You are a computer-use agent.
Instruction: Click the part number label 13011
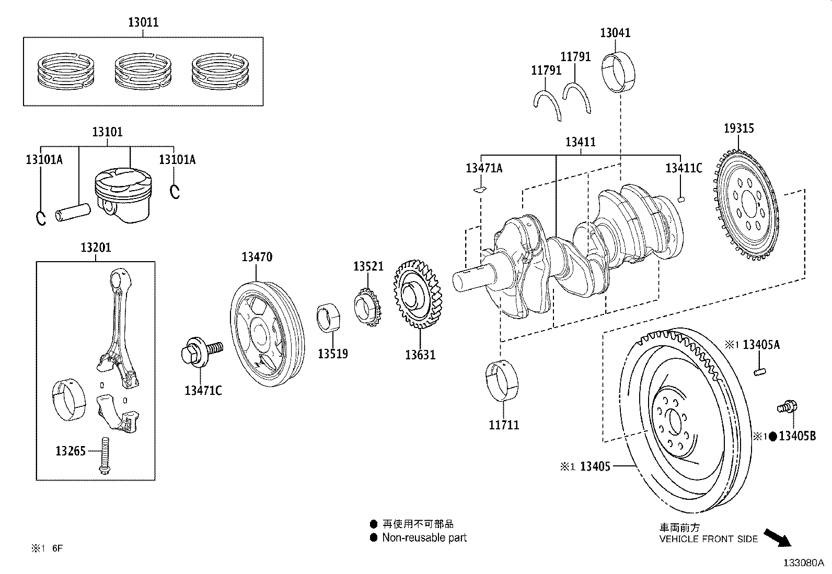[x=143, y=22]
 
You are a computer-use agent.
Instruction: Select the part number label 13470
[x=257, y=256]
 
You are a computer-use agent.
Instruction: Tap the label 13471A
[x=484, y=168]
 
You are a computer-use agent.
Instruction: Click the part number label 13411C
[x=683, y=168]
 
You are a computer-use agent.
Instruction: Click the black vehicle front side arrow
[x=777, y=537]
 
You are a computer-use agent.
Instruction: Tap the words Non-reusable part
[x=424, y=537]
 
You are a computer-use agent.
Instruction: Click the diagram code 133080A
[x=803, y=563]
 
